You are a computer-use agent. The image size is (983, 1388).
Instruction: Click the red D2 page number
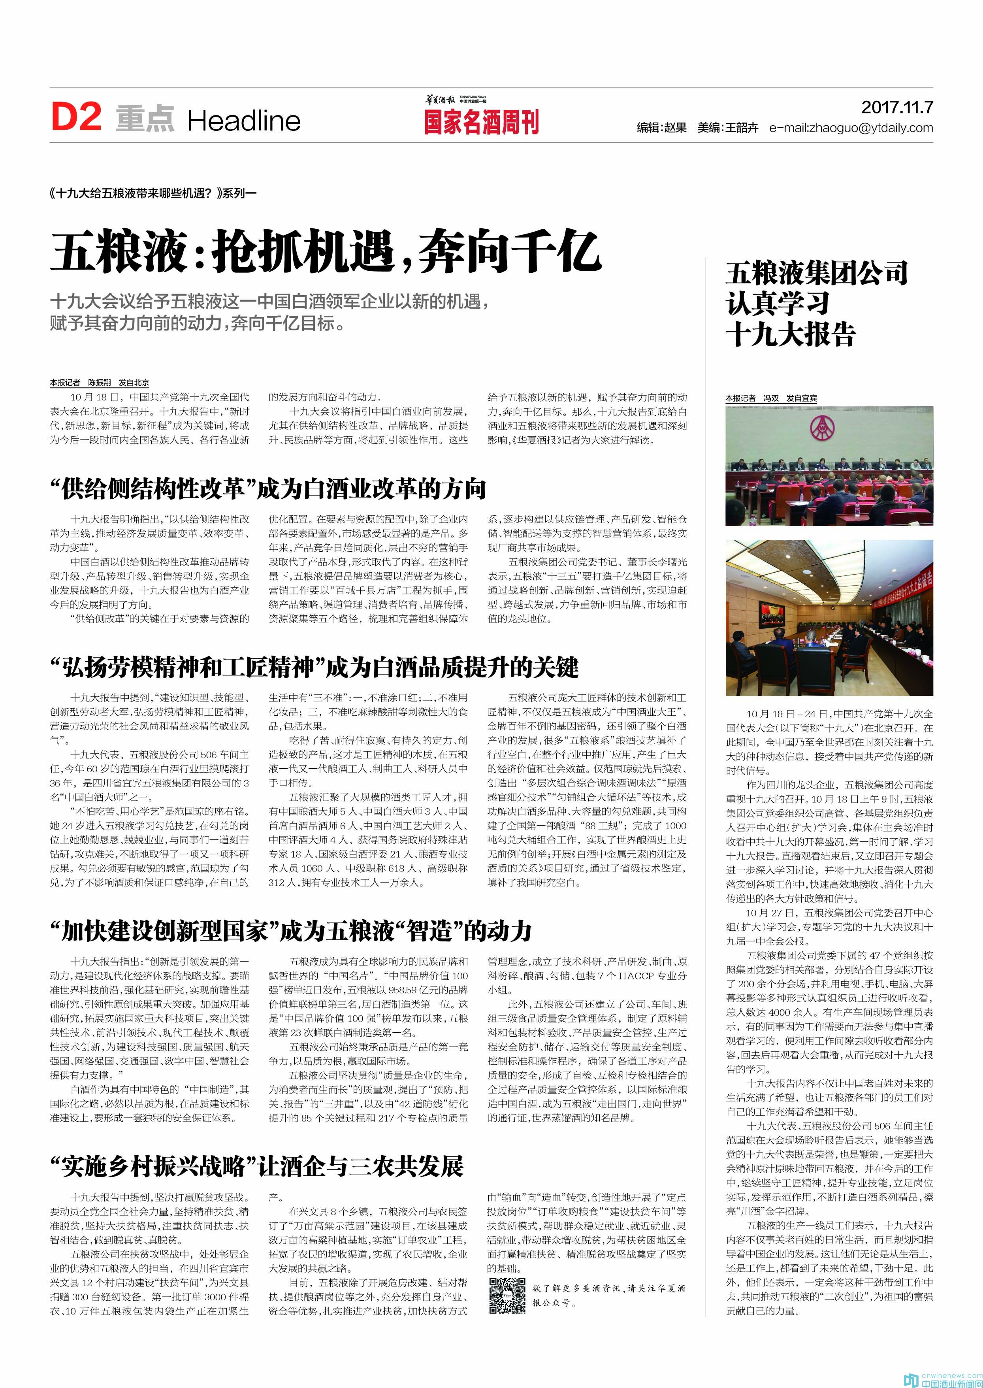tap(76, 117)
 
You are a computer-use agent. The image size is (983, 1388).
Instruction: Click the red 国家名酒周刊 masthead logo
tap(481, 122)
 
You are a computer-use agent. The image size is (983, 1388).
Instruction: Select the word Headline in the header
tap(243, 121)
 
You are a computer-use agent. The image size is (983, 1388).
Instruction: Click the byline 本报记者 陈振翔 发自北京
tap(99, 383)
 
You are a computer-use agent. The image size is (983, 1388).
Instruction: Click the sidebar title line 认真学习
tap(777, 303)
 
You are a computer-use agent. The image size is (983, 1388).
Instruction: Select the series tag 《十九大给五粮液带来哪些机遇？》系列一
tap(154, 194)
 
